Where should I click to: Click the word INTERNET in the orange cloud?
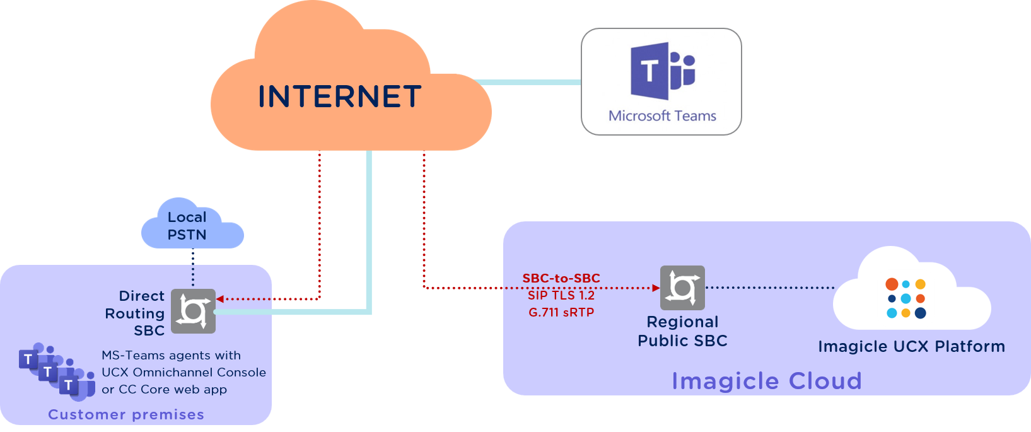(340, 96)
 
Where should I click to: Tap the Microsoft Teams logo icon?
(662, 71)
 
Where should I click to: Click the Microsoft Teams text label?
(662, 115)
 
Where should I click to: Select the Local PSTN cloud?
(192, 224)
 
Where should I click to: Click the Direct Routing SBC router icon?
(194, 312)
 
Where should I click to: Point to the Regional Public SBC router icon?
(682, 288)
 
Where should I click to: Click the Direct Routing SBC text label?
(135, 313)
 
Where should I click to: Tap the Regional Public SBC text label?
(682, 332)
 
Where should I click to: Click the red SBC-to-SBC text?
(561, 278)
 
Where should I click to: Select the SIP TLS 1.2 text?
(561, 295)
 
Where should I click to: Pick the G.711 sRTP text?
(561, 312)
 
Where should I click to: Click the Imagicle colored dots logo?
(906, 298)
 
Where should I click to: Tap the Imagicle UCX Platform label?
(911, 346)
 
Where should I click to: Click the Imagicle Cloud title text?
(766, 381)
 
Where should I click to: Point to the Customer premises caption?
(126, 414)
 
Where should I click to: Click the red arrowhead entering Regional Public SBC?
(656, 288)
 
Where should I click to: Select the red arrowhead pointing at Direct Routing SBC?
(220, 300)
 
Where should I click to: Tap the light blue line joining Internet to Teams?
(528, 83)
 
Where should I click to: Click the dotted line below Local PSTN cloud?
(193, 268)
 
